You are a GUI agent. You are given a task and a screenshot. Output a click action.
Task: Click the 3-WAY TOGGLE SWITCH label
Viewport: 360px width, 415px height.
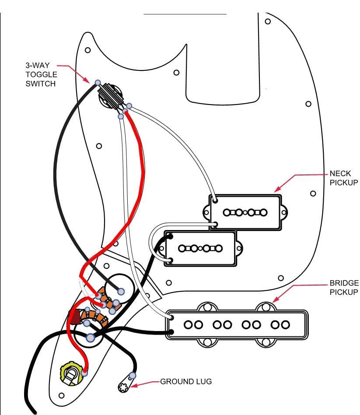[41, 75]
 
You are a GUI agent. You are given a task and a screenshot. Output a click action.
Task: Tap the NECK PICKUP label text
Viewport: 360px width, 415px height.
[343, 178]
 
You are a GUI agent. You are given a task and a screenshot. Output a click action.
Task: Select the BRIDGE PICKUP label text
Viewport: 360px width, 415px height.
[344, 287]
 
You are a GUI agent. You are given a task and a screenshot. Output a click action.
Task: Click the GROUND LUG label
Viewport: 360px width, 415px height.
[186, 381]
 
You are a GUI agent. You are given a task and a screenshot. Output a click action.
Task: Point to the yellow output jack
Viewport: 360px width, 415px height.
[70, 373]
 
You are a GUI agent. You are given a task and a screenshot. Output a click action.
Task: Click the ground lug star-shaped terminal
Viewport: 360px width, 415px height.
[123, 387]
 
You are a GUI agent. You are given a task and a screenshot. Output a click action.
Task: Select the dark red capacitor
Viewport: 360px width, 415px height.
[75, 317]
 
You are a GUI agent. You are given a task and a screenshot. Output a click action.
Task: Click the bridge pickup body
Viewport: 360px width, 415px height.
[237, 324]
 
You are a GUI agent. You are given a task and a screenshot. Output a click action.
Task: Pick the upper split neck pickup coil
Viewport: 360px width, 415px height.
[245, 213]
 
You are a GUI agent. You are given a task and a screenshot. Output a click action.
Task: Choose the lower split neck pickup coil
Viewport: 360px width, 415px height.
[200, 248]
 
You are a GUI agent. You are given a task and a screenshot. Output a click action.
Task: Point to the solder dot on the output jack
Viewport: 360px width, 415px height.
[84, 373]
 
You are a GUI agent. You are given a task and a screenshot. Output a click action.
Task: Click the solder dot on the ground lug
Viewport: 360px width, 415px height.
[133, 376]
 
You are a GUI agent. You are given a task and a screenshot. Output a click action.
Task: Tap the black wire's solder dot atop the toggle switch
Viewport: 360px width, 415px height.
[98, 83]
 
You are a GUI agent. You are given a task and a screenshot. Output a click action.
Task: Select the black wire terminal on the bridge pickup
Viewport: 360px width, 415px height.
[171, 331]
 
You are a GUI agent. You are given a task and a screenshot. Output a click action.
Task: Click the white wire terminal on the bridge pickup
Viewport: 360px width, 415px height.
[171, 317]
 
